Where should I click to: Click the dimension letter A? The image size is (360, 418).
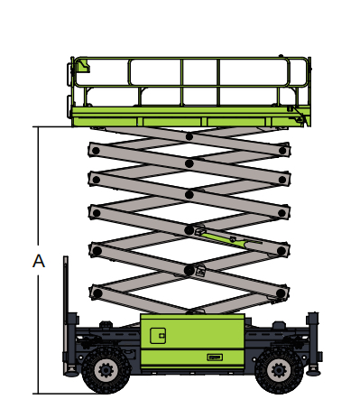39,261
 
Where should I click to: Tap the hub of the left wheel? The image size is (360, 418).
106,370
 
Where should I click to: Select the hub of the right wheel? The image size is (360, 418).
279,370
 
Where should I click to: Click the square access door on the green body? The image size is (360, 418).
158,336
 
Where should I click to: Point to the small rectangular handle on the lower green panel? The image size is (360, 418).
215,358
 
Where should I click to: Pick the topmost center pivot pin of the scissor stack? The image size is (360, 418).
189,136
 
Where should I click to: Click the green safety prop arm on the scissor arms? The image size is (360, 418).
228,239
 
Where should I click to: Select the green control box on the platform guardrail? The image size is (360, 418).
84,65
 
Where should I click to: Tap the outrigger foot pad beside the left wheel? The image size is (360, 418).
71,373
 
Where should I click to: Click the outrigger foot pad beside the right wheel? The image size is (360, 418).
313,373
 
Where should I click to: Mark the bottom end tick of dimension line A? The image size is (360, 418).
38,394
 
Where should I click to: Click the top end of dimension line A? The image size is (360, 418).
38,126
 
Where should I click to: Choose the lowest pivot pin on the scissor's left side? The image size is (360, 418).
97,293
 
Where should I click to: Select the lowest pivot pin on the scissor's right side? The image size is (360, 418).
281,293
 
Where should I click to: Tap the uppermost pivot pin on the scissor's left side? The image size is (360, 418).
96,151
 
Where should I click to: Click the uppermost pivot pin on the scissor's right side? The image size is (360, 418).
282,151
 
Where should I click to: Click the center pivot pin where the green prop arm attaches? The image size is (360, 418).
189,230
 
